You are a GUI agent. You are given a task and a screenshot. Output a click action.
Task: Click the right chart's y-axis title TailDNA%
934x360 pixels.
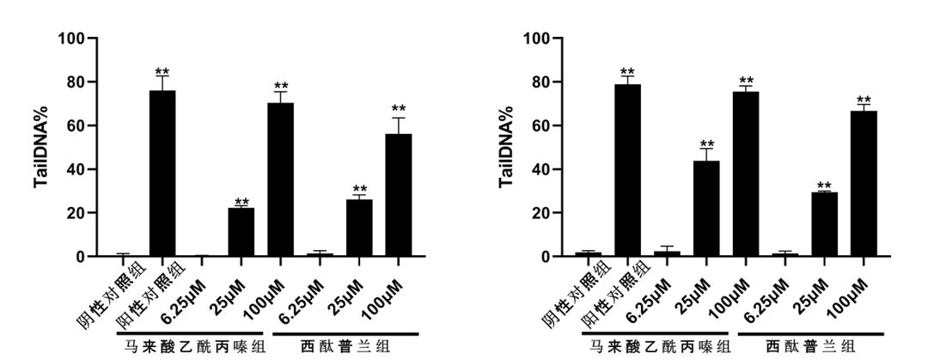point(507,147)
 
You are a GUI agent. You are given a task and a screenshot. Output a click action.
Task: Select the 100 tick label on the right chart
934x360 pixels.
point(534,40)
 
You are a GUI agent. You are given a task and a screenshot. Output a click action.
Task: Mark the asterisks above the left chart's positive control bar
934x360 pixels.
point(162,72)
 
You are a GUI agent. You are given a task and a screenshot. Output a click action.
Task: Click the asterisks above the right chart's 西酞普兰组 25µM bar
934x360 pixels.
point(825,186)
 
